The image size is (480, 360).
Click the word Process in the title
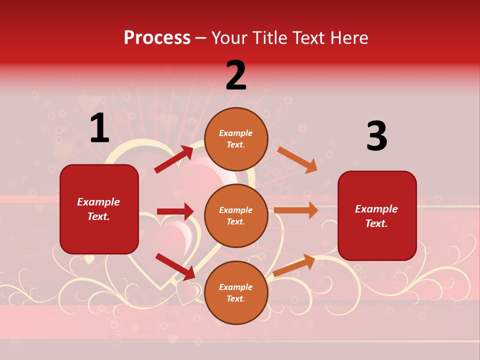click(157, 38)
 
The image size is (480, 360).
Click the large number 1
click(99, 128)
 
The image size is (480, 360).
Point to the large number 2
click(236, 75)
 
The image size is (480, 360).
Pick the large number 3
click(376, 136)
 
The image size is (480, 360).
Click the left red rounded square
click(99, 209)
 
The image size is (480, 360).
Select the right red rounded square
click(377, 216)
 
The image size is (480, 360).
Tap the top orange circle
click(236, 139)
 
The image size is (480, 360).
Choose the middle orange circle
click(236, 215)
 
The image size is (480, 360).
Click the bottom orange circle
click(236, 292)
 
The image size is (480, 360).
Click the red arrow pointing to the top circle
click(174, 159)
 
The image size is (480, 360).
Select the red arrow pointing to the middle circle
click(175, 211)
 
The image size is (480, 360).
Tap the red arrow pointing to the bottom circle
click(175, 266)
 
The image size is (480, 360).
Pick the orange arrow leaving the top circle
click(297, 159)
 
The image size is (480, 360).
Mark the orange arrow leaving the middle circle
click(296, 210)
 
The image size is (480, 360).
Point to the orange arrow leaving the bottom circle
click(294, 265)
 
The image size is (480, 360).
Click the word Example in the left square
click(98, 202)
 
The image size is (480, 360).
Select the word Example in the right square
click(376, 209)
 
